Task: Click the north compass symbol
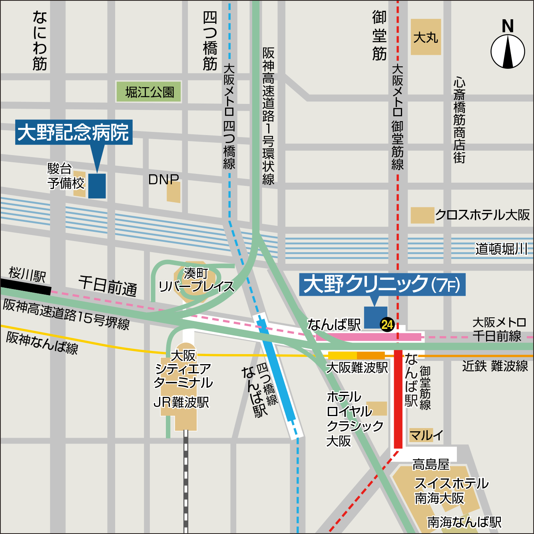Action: pyautogui.click(x=508, y=51)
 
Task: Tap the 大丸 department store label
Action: pyautogui.click(x=426, y=37)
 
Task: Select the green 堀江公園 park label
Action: pyautogui.click(x=149, y=92)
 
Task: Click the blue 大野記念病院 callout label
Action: pyautogui.click(x=74, y=132)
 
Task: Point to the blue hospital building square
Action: pyautogui.click(x=97, y=186)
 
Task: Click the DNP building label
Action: pyautogui.click(x=163, y=179)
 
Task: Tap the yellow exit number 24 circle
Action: pyautogui.click(x=387, y=324)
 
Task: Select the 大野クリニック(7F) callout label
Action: pyautogui.click(x=382, y=285)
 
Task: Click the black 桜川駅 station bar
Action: pyautogui.click(x=26, y=287)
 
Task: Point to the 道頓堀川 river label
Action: pyautogui.click(x=500, y=249)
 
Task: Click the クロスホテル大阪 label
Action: pyautogui.click(x=482, y=215)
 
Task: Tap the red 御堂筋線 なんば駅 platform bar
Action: pyautogui.click(x=398, y=400)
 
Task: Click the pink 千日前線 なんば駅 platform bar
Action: pyautogui.click(x=369, y=337)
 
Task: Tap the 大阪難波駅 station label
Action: pyautogui.click(x=357, y=367)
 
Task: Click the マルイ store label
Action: pyautogui.click(x=426, y=435)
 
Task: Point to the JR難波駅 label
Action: pyautogui.click(x=181, y=402)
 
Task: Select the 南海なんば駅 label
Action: pyautogui.click(x=464, y=522)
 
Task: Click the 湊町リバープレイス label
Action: pyautogui.click(x=196, y=280)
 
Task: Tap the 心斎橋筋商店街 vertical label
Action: pyautogui.click(x=459, y=120)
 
